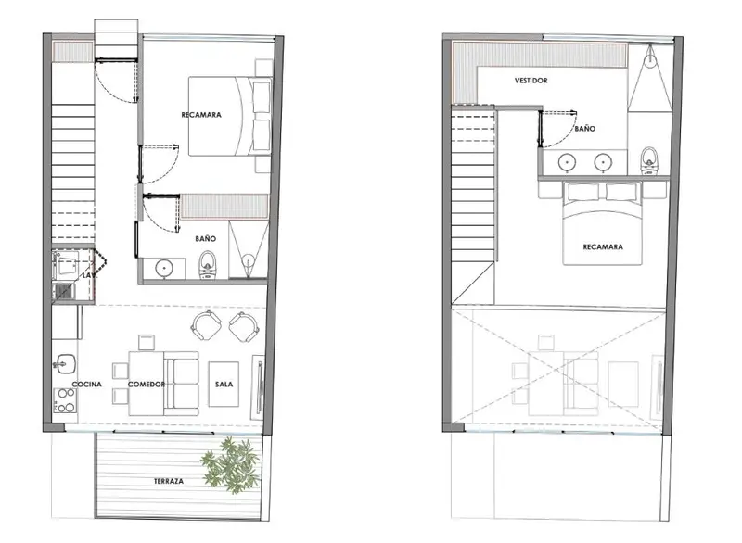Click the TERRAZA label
169,481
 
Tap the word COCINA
86,385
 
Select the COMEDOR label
147,385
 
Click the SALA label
224,385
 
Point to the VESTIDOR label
531,81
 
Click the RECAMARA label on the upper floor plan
603,246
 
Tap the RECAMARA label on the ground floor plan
201,114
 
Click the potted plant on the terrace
230,465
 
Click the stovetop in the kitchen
65,400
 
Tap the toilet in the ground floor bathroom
207,265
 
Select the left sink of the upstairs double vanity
567,162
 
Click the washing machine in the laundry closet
65,266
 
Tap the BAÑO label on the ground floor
205,239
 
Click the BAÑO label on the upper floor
585,129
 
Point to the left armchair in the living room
206,324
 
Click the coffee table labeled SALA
224,385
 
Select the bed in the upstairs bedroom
602,223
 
